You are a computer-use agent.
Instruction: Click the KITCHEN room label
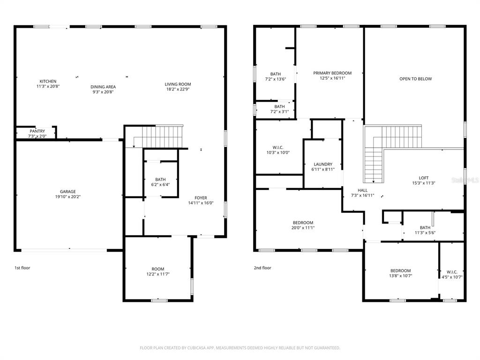pos(48,81)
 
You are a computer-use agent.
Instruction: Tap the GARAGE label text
pos(67,192)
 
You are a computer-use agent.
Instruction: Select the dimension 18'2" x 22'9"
pos(178,90)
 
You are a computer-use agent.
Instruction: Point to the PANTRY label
pos(37,131)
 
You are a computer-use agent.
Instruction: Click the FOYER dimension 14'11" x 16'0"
pos(201,203)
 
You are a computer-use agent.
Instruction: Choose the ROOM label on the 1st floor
pos(158,269)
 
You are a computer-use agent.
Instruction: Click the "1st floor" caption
pos(22,268)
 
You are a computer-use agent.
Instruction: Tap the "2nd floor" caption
pos(262,268)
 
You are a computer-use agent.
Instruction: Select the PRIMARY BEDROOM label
pos(332,73)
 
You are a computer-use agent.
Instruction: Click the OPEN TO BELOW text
pos(415,79)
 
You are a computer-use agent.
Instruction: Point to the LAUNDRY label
pos(323,164)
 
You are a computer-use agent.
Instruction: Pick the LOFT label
pos(424,178)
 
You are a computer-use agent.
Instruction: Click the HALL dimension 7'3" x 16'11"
pos(362,195)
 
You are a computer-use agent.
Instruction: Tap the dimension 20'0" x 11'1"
pos(303,228)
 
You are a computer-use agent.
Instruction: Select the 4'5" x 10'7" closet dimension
pos(452,277)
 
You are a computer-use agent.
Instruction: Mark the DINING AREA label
pos(103,87)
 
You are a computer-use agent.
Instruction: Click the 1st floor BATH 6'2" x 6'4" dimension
pos(160,185)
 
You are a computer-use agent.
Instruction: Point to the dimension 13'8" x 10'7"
pos(400,276)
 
